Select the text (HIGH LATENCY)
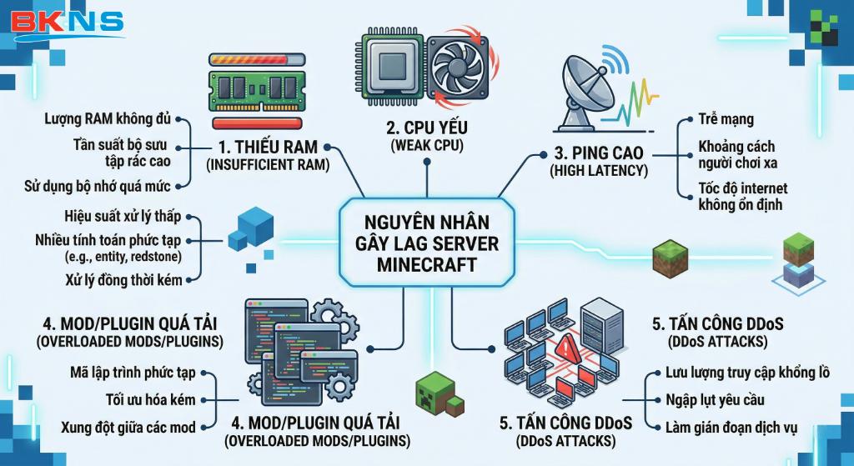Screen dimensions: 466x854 (x=599, y=171)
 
